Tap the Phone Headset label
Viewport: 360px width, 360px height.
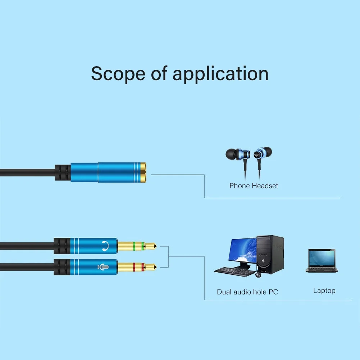click(x=254, y=186)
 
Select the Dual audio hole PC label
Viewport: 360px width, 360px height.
click(x=247, y=292)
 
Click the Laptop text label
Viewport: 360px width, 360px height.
click(x=324, y=291)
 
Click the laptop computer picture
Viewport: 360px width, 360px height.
click(x=322, y=261)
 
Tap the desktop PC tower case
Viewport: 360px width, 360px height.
click(x=270, y=254)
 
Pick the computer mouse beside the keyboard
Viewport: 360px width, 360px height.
click(x=258, y=275)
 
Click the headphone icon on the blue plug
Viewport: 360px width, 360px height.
click(x=104, y=246)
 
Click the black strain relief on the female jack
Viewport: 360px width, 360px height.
click(x=62, y=173)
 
